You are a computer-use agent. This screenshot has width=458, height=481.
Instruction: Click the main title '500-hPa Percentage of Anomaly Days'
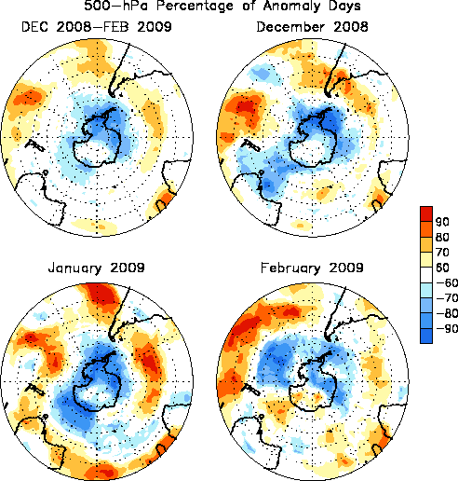point(222,6)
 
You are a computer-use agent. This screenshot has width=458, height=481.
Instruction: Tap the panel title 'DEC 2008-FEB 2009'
point(97,27)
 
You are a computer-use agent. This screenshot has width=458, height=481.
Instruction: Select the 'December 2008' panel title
point(312,27)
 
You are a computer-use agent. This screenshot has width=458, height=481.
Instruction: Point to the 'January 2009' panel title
point(97,268)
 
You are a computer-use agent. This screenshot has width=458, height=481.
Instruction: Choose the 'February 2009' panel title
point(312,268)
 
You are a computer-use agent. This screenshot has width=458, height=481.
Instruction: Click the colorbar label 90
point(442,222)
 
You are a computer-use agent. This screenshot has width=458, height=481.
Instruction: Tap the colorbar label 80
point(442,237)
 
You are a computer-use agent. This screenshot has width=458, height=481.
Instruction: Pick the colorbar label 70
point(442,252)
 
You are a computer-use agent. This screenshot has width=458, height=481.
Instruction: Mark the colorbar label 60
point(442,268)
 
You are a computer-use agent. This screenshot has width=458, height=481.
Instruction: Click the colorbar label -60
point(447,282)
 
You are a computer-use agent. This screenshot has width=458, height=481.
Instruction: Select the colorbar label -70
point(447,298)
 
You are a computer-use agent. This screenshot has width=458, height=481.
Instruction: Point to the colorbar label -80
point(447,313)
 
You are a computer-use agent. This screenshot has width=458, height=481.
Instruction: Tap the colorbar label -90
point(447,328)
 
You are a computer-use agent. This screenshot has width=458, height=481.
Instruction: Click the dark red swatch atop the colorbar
point(426,213)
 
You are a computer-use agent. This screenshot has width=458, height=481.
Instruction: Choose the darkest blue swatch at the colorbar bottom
point(426,336)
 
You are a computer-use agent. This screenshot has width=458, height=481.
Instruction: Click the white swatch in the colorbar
point(426,275)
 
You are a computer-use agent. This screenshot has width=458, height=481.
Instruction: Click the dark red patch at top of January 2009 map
point(101,293)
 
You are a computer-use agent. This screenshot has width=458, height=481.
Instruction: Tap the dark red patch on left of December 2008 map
point(245,107)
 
